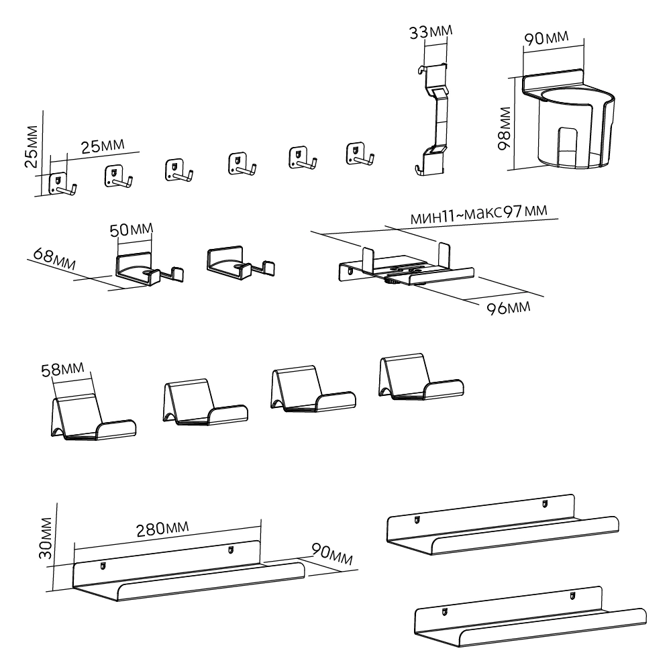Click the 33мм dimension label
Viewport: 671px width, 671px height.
[x=431, y=32]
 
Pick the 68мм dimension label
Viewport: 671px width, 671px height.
[x=50, y=260]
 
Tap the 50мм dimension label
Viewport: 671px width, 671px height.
[x=132, y=230]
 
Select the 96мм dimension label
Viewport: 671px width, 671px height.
[x=508, y=307]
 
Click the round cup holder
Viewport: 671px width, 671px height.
[x=570, y=124]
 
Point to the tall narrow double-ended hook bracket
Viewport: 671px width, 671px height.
[x=432, y=117]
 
